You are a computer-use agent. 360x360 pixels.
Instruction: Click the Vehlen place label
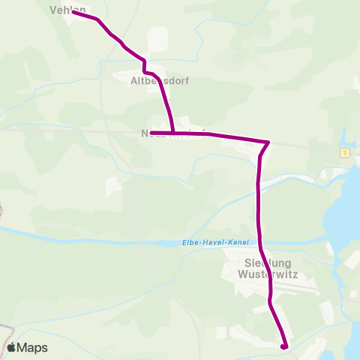click(x=67, y=9)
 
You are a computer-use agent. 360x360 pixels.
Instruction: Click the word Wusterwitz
click(x=268, y=274)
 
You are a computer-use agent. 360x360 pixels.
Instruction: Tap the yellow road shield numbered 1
click(x=344, y=152)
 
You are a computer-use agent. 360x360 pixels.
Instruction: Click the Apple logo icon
click(x=12, y=348)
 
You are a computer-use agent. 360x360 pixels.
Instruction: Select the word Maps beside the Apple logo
click(x=33, y=348)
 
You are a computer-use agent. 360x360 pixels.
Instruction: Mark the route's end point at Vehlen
click(x=74, y=12)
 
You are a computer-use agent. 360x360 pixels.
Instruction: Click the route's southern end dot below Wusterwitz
click(x=283, y=346)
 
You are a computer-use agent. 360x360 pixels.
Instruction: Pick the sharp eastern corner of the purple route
click(x=268, y=142)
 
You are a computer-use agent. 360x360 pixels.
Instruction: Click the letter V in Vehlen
click(x=53, y=9)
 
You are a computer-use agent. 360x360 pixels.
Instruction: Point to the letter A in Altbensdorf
click(x=135, y=80)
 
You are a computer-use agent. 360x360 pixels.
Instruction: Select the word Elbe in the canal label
click(x=190, y=242)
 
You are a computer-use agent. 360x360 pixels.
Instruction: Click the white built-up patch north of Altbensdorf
click(x=157, y=39)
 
